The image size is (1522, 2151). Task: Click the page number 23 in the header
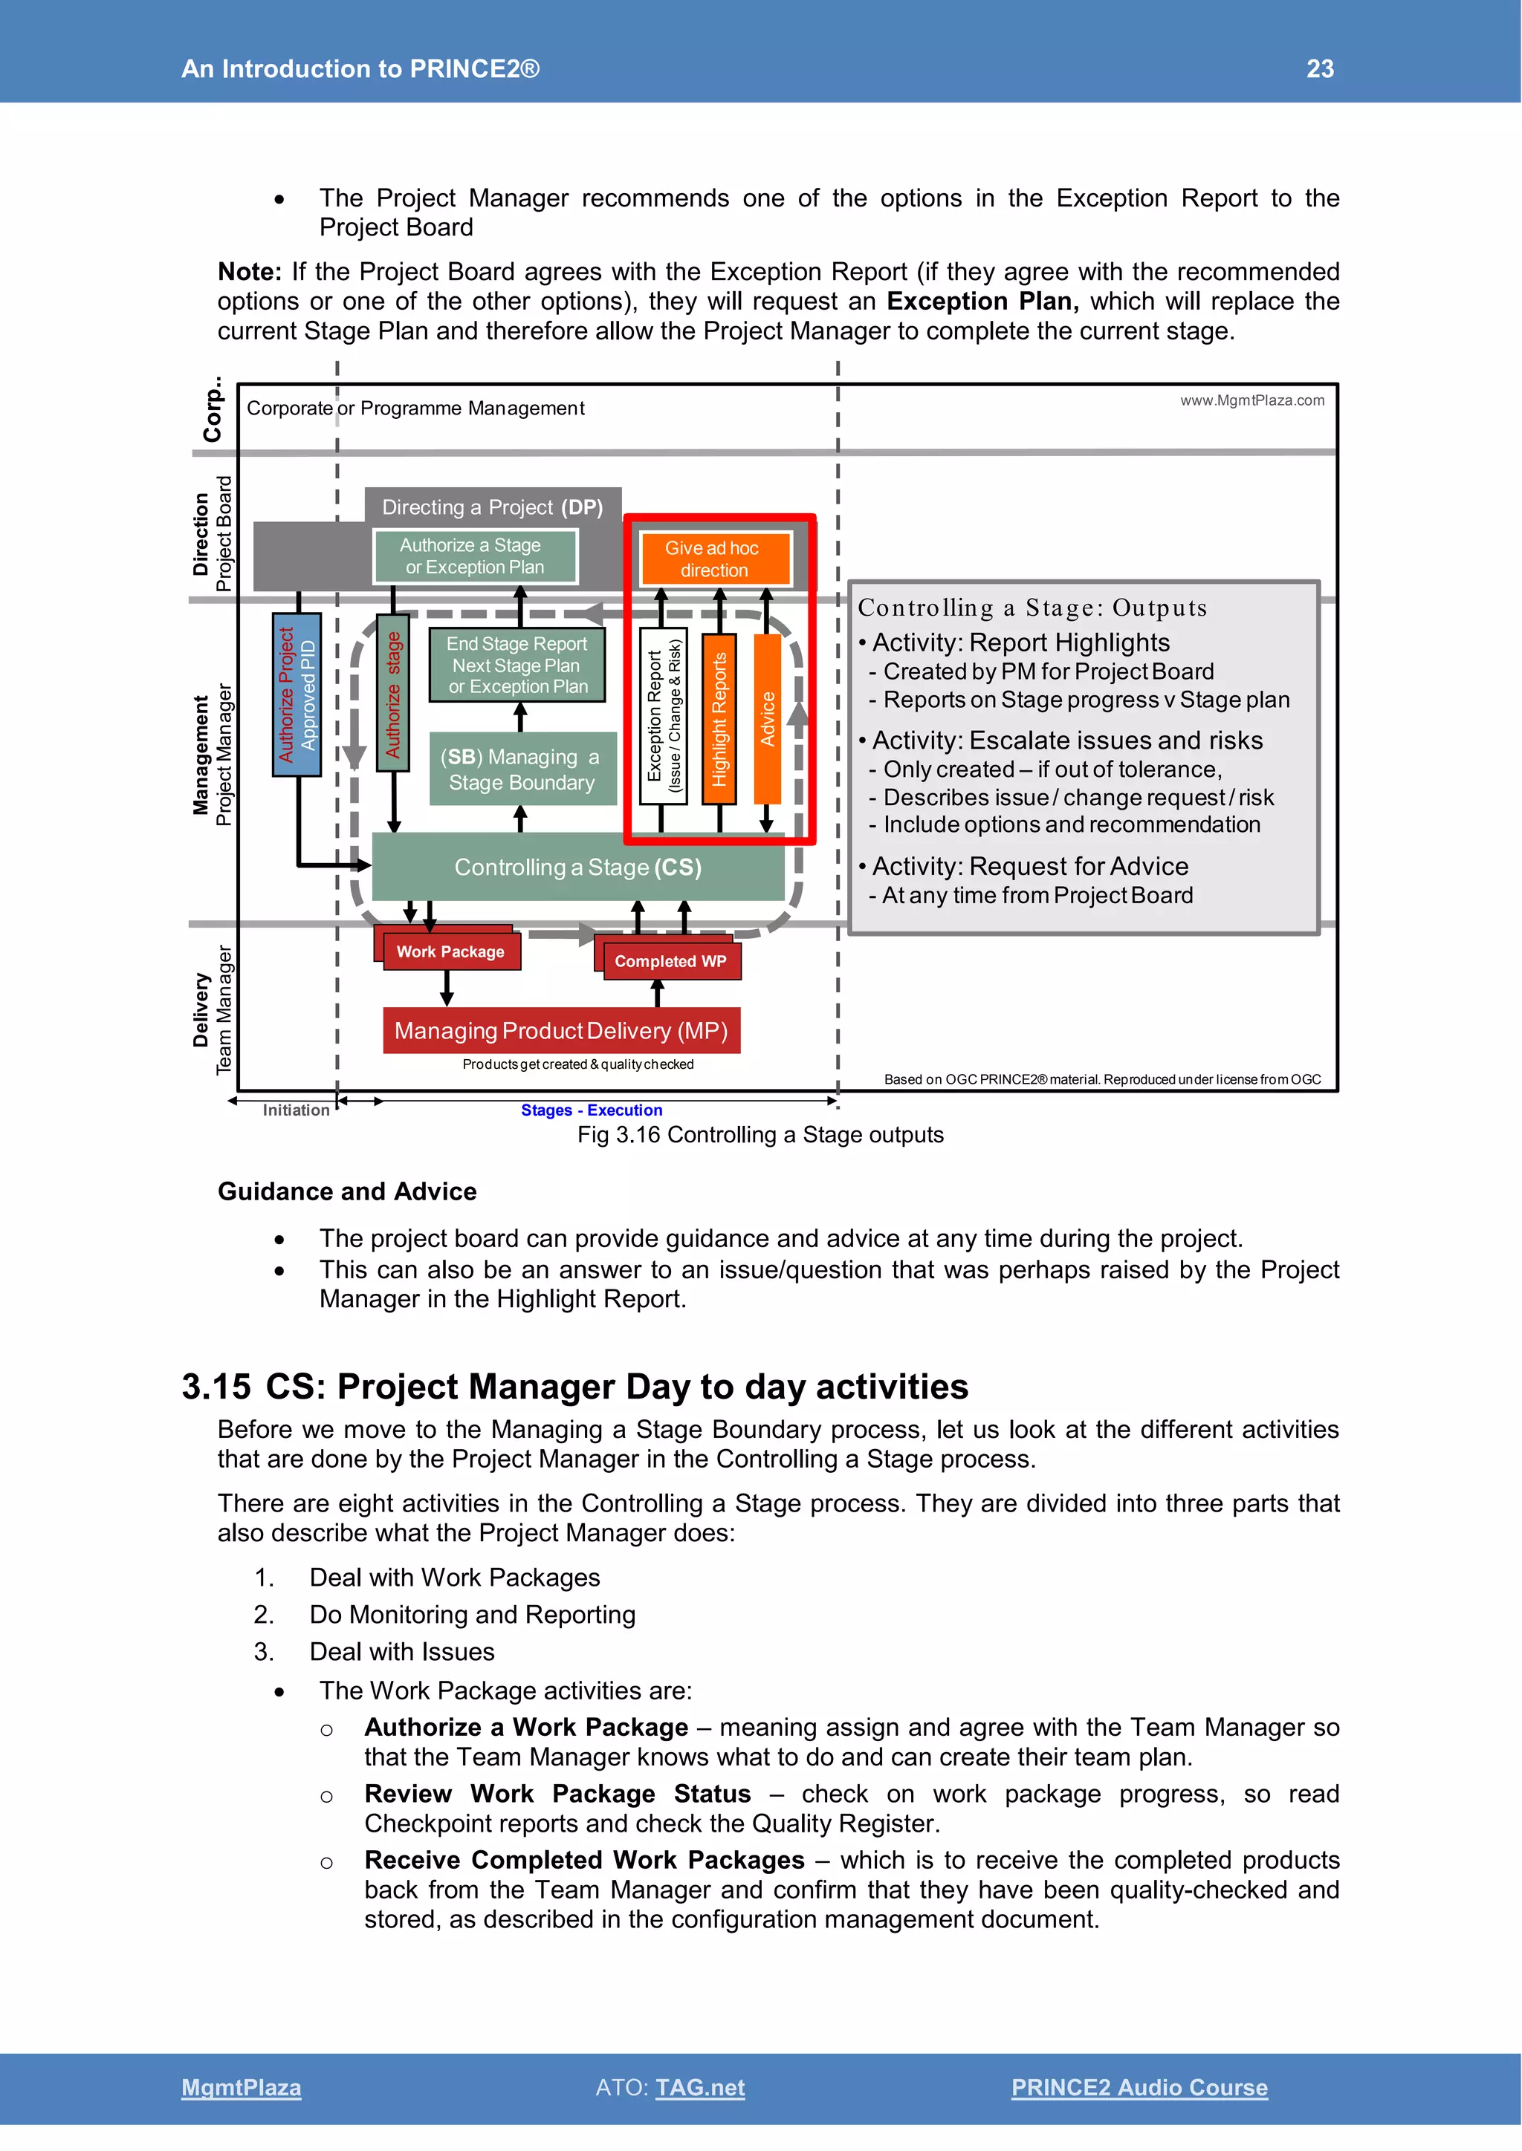(x=1320, y=68)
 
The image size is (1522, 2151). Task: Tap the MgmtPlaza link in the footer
(x=241, y=2087)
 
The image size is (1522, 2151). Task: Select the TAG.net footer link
(x=700, y=2087)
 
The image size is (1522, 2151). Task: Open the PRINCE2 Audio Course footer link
(x=1139, y=2087)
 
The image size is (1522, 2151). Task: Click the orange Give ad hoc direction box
(x=714, y=559)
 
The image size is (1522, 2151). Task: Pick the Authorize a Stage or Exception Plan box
(x=474, y=556)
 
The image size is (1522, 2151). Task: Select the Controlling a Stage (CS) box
(x=577, y=867)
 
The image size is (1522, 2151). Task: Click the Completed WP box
(x=671, y=960)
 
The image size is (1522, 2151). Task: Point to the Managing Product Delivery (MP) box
(x=560, y=1030)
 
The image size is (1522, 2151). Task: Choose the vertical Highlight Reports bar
(x=719, y=718)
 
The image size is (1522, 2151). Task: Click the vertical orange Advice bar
(x=768, y=718)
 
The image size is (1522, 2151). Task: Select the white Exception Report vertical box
(x=663, y=716)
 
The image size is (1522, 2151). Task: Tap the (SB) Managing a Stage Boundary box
(x=522, y=769)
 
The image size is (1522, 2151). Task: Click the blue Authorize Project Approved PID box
(x=297, y=694)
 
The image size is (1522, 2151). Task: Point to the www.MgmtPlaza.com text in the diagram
(x=1251, y=400)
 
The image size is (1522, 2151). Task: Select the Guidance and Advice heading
(x=347, y=1191)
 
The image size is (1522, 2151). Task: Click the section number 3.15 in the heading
(x=216, y=1387)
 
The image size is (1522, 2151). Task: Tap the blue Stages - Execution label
(x=592, y=1110)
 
